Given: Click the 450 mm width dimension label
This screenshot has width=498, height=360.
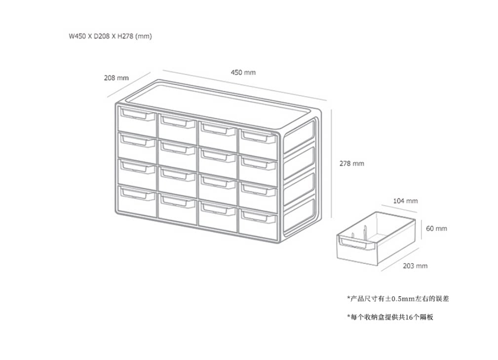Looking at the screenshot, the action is [x=243, y=72].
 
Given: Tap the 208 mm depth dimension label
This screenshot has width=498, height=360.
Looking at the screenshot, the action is [x=116, y=77].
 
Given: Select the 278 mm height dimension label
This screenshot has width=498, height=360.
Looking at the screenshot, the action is [x=351, y=163].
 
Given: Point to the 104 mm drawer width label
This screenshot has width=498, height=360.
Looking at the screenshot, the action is [x=405, y=201].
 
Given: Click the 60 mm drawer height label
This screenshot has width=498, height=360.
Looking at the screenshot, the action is [x=436, y=228].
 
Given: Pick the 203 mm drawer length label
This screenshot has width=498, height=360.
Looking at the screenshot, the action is [x=415, y=266].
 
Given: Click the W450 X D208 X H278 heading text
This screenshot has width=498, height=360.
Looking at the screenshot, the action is [x=110, y=36].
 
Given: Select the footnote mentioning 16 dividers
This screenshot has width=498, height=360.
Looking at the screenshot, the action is [x=389, y=317].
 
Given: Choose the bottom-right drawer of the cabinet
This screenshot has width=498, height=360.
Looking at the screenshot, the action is [x=258, y=221].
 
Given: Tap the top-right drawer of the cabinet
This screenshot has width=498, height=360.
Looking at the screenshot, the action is [x=258, y=143].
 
